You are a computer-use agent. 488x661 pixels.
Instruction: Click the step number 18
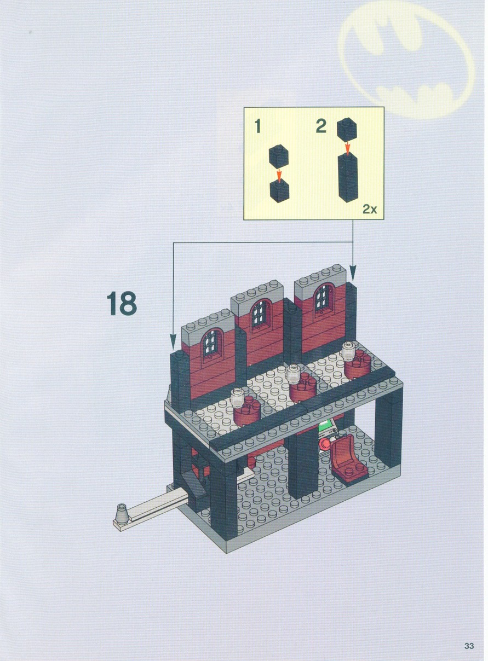pyautogui.click(x=122, y=303)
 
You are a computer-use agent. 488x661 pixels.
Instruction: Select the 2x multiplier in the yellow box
pyautogui.click(x=370, y=209)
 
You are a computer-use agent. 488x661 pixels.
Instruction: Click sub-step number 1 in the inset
pyautogui.click(x=258, y=126)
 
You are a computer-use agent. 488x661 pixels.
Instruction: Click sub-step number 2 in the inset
pyautogui.click(x=321, y=126)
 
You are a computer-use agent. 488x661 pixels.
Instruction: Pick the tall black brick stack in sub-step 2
pyautogui.click(x=348, y=178)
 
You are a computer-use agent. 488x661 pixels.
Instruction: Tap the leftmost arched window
pyautogui.click(x=211, y=346)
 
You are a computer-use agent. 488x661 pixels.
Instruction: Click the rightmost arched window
pyautogui.click(x=324, y=301)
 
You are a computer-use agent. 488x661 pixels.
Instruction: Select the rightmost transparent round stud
pyautogui.click(x=349, y=351)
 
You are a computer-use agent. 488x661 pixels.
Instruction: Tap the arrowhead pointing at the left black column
pyautogui.click(x=173, y=342)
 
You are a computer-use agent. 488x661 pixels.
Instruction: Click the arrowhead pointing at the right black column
pyautogui.click(x=353, y=272)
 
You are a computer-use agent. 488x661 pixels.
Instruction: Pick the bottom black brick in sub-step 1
pyautogui.click(x=279, y=192)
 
